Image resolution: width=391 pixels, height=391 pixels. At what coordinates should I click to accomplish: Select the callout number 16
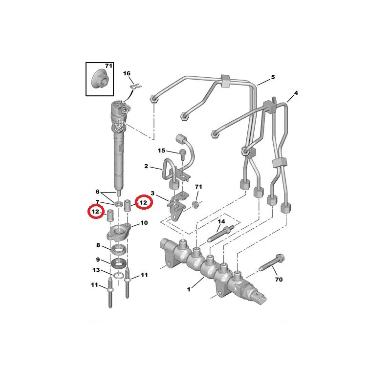127,73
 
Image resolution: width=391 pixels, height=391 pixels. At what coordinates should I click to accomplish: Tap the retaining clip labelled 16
136,87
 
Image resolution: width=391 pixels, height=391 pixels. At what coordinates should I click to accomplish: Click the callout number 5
273,77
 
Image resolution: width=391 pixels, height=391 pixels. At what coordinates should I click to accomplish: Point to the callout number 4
296,93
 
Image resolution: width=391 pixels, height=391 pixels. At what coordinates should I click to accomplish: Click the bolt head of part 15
182,152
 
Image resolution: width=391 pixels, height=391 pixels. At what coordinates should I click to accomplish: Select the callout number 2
146,166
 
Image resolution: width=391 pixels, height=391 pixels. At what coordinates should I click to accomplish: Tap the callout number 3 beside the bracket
152,193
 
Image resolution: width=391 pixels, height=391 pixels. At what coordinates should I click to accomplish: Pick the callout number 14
221,221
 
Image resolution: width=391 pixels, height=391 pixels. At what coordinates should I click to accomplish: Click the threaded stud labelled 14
220,234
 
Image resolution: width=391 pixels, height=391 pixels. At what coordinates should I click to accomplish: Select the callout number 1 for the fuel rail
189,289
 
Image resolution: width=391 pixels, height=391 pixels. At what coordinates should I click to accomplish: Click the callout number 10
144,223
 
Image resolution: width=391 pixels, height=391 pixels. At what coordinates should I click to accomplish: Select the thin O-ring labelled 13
118,276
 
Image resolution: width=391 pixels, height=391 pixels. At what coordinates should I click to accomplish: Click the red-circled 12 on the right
143,202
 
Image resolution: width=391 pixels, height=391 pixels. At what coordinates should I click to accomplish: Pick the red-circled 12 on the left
96,212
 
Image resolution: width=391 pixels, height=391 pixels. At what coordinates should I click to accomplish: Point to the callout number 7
97,202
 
